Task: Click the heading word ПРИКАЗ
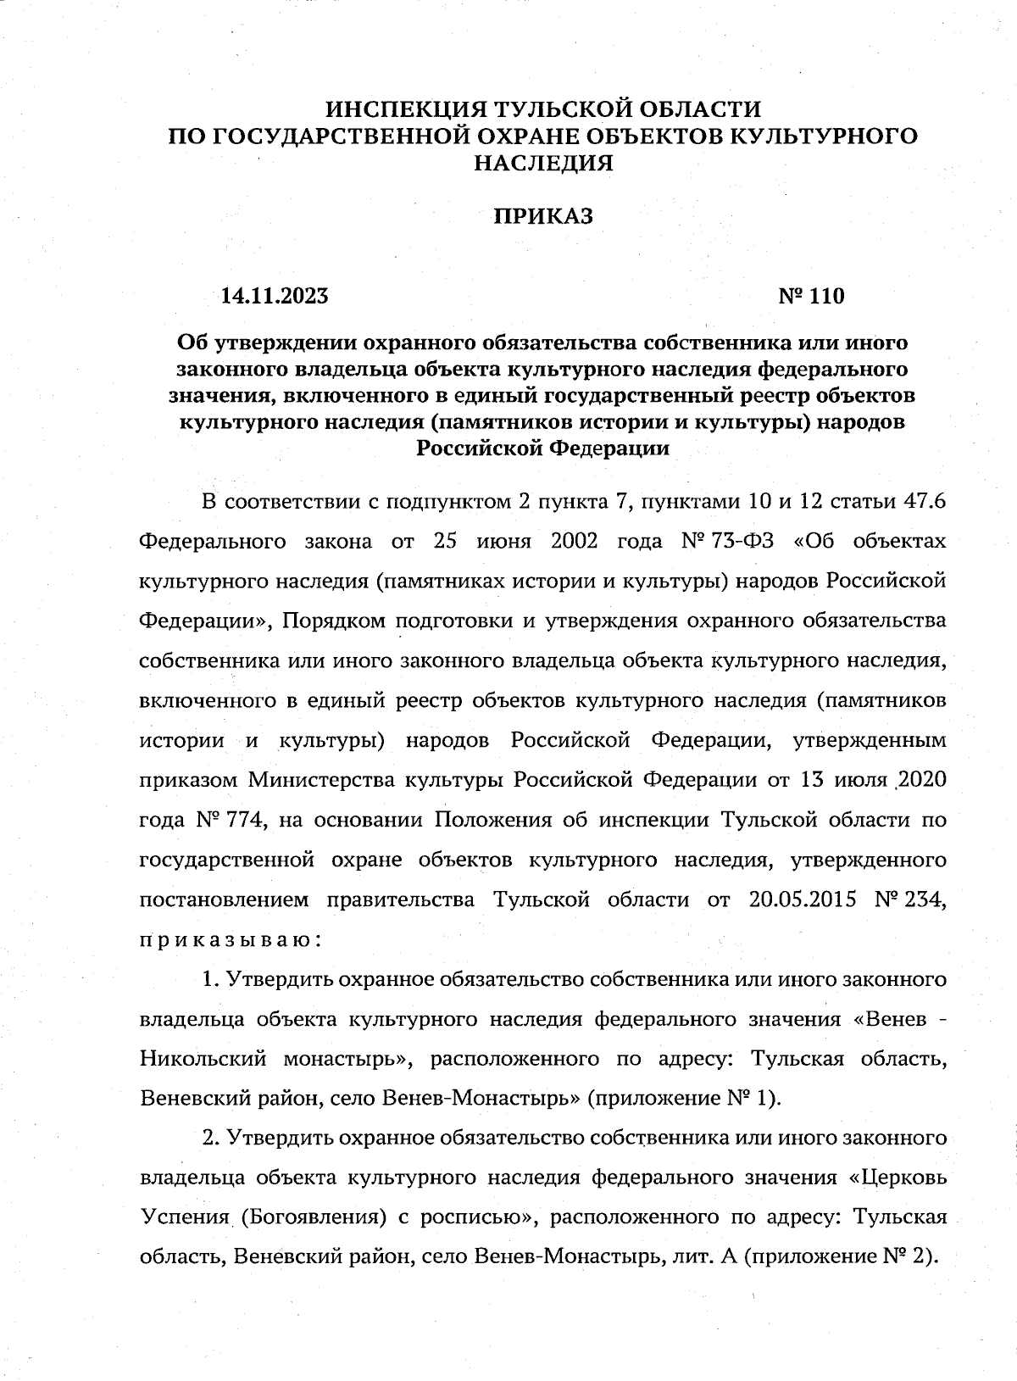click(x=543, y=217)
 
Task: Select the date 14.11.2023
click(x=275, y=296)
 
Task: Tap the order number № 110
click(x=811, y=296)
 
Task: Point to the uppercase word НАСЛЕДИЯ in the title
click(x=543, y=163)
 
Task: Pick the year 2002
click(x=575, y=541)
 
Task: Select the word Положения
click(x=492, y=820)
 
